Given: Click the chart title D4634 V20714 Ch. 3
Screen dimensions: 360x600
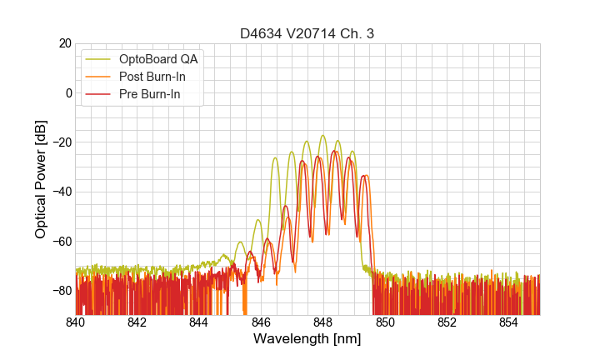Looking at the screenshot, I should (307, 33).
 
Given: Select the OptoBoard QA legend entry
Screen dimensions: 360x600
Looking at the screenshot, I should (159, 59).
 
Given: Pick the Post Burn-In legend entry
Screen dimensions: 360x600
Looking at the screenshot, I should (153, 77).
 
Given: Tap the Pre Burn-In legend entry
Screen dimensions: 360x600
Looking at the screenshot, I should (151, 94).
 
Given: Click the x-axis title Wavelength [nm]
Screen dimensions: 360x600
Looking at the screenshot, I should (307, 339).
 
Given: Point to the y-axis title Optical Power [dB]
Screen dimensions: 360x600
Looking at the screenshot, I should (41, 178).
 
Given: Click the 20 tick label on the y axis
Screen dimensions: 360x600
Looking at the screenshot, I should (63, 43).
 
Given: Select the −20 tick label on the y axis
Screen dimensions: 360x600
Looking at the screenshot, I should (60, 142).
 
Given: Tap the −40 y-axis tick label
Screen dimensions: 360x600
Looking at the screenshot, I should (60, 192).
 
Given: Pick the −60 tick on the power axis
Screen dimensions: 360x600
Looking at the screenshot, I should (60, 241).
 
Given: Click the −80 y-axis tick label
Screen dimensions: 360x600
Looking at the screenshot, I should (60, 291).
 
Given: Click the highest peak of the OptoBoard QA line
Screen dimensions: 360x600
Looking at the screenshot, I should (322, 135).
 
